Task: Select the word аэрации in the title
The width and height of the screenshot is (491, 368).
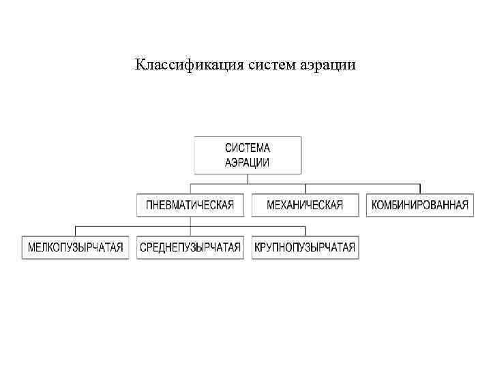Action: click(326, 65)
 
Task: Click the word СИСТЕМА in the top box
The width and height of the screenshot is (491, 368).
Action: click(248, 148)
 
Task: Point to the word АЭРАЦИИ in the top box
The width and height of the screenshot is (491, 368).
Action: click(248, 163)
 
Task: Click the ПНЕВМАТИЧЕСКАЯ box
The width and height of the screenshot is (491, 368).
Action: click(190, 205)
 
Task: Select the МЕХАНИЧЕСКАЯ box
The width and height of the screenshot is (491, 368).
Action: click(305, 205)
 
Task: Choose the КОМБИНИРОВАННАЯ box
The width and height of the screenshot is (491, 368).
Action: click(420, 205)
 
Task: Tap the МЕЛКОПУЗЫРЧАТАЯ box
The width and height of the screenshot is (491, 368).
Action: click(76, 247)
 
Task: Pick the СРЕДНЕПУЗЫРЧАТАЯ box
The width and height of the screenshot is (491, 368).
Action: click(190, 247)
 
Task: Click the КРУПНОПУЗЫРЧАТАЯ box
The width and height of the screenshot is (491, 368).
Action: click(305, 247)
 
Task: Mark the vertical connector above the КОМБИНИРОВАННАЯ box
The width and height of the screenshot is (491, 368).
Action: click(420, 189)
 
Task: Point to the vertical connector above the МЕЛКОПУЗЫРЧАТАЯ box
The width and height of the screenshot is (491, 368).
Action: click(76, 230)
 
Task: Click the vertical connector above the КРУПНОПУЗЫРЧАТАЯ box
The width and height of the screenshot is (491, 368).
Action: click(305, 230)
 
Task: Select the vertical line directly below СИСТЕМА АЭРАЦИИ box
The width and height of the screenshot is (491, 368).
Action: click(248, 179)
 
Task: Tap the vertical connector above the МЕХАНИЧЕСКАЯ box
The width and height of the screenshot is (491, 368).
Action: click(305, 189)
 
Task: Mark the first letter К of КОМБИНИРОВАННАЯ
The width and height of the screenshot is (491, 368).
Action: click(374, 205)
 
